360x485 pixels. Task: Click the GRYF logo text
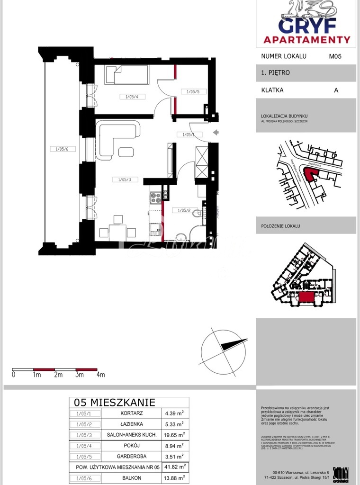pyautogui.click(x=306, y=25)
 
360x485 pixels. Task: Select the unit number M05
pyautogui.click(x=335, y=56)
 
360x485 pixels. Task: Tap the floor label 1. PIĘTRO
pyautogui.click(x=275, y=73)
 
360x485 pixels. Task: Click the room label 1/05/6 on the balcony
pyautogui.click(x=62, y=149)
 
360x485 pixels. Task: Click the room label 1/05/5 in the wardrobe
pyautogui.click(x=194, y=91)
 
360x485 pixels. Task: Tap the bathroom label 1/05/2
pyautogui.click(x=184, y=210)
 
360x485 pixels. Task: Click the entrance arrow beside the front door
pyautogui.click(x=215, y=132)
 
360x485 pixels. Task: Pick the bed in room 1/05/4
pyautogui.click(x=127, y=74)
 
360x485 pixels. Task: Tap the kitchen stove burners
pyautogui.click(x=155, y=198)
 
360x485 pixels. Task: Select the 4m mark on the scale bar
pyautogui.click(x=100, y=375)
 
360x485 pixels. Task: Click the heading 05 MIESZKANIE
pyautogui.click(x=114, y=403)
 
